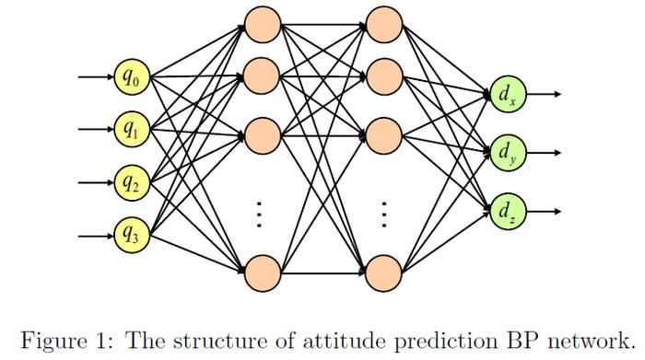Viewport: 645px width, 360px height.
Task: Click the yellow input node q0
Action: (x=132, y=77)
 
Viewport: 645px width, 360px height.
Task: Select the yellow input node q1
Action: (x=132, y=129)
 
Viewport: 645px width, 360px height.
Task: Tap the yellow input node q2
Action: (x=132, y=181)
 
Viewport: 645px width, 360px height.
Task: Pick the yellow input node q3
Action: (x=132, y=235)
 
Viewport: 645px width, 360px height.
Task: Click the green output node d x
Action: (x=507, y=94)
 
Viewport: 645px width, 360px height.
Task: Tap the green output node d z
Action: (x=507, y=211)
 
